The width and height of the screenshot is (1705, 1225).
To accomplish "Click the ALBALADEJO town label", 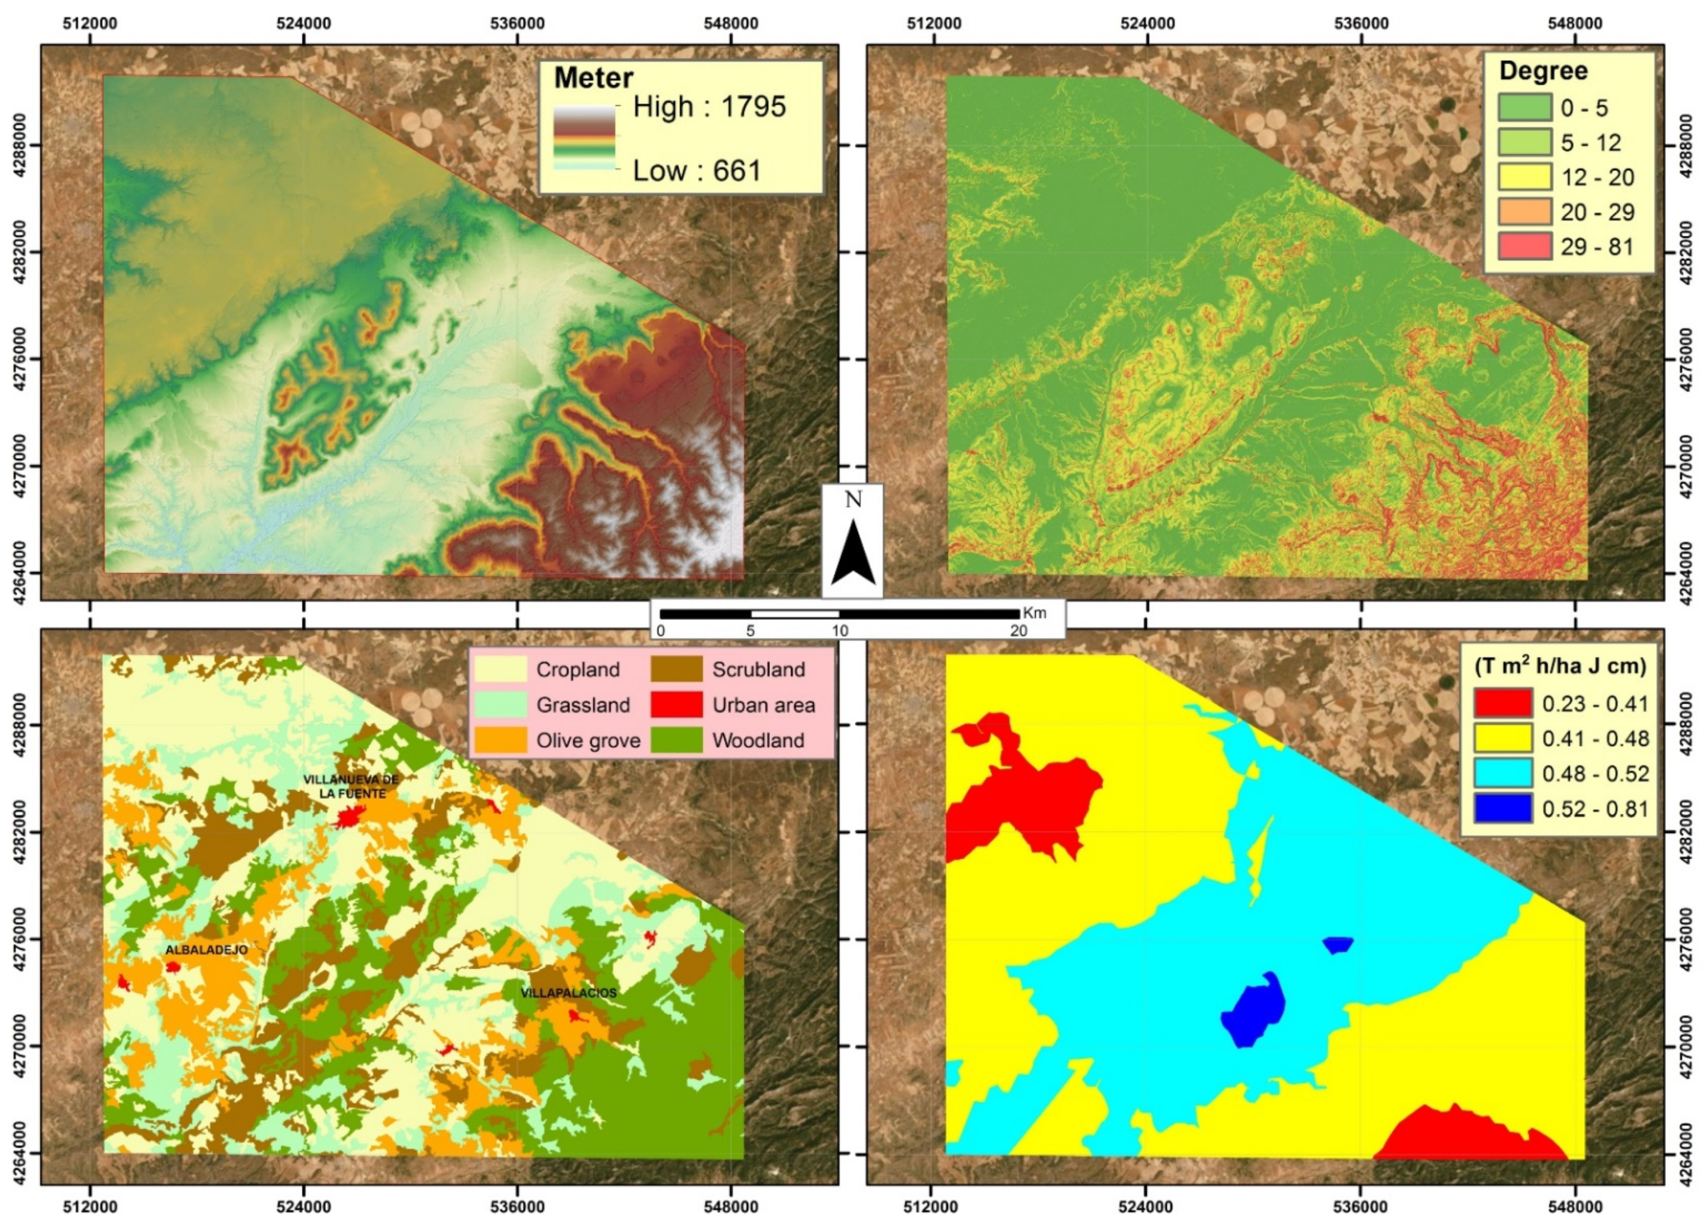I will point(207,950).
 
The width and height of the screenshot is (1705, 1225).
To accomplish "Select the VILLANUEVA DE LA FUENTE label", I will point(351,786).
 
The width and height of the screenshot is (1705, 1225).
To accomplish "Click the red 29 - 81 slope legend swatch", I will point(1525,246).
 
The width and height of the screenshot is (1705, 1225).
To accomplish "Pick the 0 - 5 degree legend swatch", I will point(1525,107).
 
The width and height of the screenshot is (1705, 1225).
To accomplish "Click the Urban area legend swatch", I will point(677,705).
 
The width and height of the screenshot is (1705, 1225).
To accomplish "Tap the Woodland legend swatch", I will point(677,740).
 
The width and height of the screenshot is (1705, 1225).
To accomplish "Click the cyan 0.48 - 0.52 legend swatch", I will point(1503,773).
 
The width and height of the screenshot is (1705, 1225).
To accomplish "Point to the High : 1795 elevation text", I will point(709,107).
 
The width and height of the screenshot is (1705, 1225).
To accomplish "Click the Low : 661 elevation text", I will point(697,171).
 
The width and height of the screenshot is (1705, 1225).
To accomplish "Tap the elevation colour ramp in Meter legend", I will point(584,137).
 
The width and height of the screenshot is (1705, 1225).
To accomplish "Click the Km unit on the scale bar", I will point(1035,612).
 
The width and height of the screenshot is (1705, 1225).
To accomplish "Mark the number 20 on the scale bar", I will point(1018,631).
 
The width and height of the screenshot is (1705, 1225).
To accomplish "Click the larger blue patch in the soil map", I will point(1253,1009).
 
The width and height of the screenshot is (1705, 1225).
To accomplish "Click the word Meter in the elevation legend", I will point(594,78).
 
